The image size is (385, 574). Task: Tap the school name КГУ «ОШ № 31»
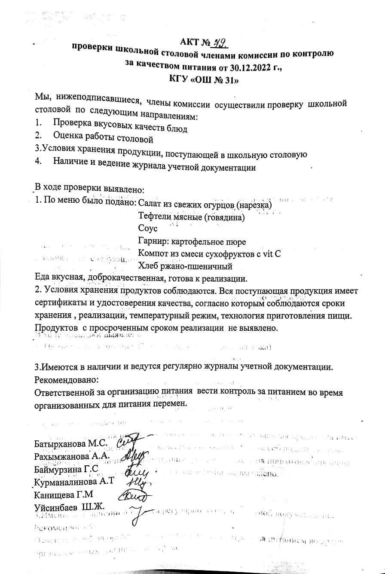coord(204,80)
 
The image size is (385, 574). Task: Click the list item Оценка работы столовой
coord(103,139)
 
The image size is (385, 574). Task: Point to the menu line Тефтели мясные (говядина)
coord(191,217)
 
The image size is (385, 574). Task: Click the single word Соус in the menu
coord(148,229)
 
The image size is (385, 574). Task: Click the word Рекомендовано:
coord(66,380)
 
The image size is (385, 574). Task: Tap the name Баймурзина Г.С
coord(66,469)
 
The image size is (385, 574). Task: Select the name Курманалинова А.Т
coord(74,481)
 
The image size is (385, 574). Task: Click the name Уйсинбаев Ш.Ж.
coord(69,507)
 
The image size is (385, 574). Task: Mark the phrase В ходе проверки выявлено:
coord(89,189)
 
